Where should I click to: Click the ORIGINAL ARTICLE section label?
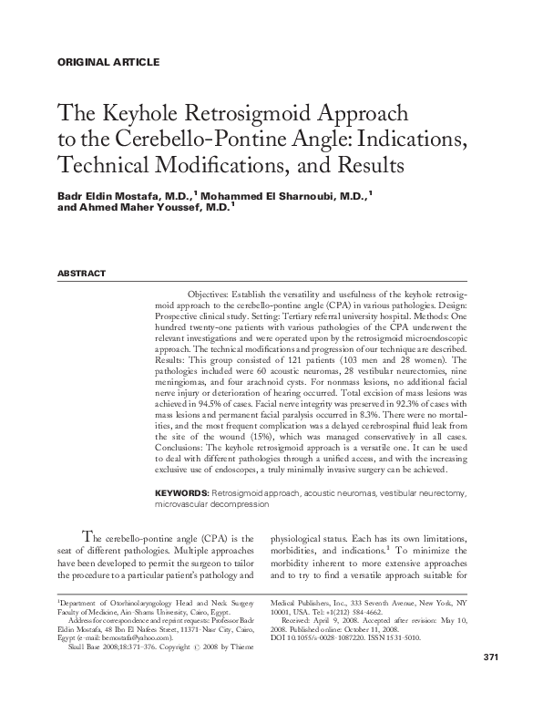[x=108, y=62]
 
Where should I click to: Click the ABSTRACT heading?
[x=82, y=274]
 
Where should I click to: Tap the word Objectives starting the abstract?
[x=213, y=296]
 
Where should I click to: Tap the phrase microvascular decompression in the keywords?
[x=210, y=503]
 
